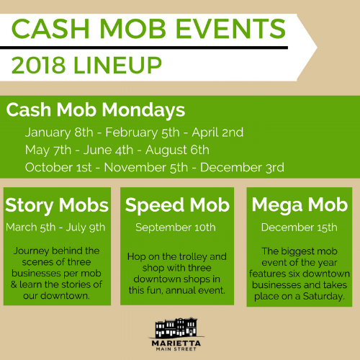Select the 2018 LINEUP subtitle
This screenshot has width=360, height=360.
coord(86,65)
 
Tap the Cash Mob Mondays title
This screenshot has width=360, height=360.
coord(95,112)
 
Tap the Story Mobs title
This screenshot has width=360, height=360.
coord(57,205)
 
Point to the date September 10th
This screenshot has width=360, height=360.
coord(177,228)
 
